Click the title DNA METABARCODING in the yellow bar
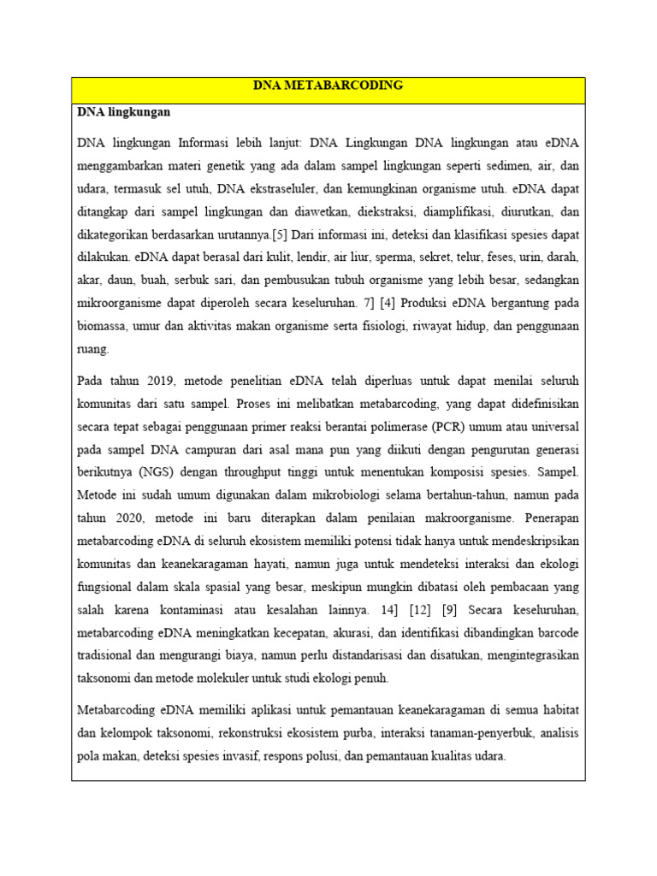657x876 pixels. [328, 86]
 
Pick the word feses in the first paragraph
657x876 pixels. [480, 257]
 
